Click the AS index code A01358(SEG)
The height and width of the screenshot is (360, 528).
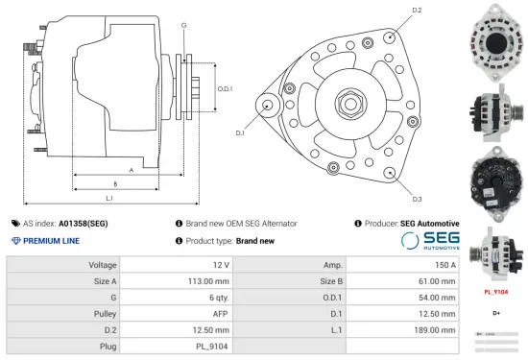[83, 223]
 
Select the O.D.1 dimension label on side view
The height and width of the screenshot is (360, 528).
[224, 89]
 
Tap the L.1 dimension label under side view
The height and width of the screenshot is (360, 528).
[109, 197]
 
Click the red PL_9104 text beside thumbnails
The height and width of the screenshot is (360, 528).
[495, 291]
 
